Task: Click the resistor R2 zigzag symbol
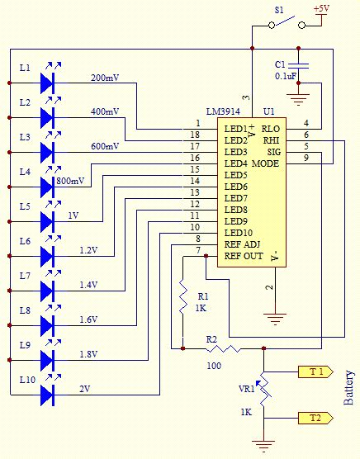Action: coord(225,348)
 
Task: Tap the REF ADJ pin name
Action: coord(241,244)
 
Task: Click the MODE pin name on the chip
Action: coord(266,163)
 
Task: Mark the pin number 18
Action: coord(195,135)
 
